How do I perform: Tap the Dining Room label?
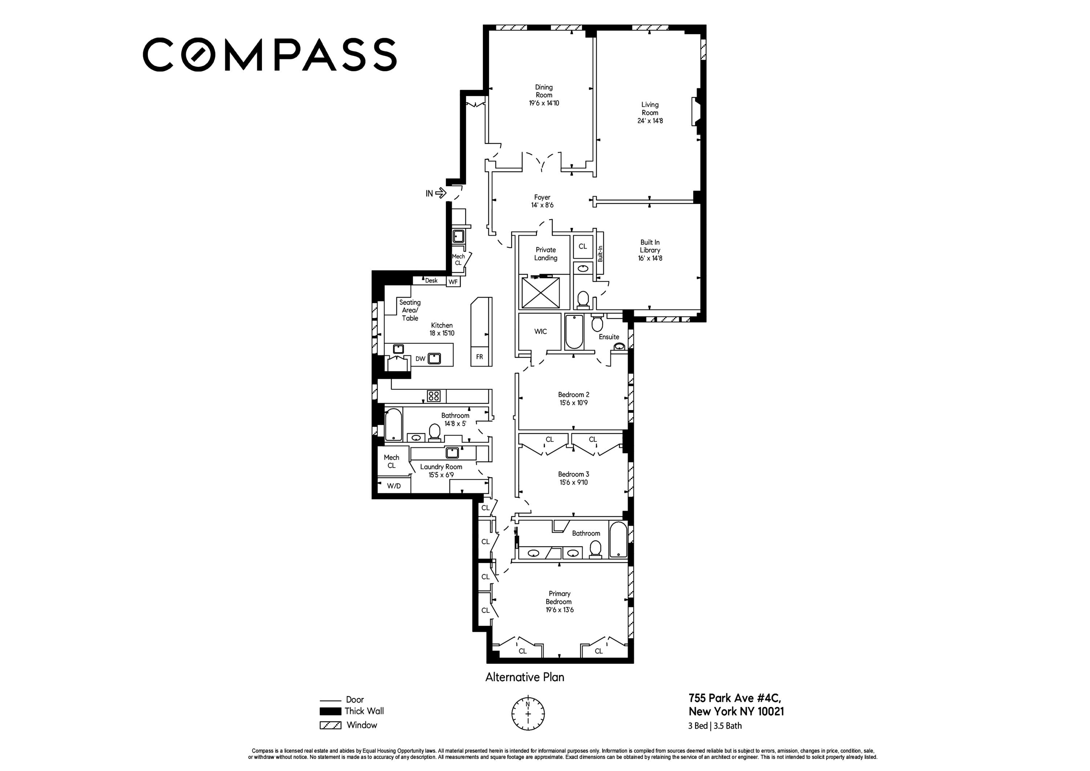(x=544, y=91)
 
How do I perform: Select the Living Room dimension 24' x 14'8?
(x=650, y=121)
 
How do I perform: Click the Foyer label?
(x=542, y=197)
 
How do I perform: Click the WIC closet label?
(x=540, y=332)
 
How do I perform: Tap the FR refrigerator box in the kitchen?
(x=480, y=357)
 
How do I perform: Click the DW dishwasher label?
(x=420, y=359)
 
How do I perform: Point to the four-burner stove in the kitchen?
(x=433, y=396)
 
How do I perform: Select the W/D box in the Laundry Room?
(x=393, y=486)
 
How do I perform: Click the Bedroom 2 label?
(x=573, y=395)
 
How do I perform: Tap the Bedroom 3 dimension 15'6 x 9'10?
(x=573, y=482)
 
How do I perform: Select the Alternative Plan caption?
(x=525, y=677)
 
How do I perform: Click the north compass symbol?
(x=528, y=714)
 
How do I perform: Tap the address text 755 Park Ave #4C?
(x=734, y=698)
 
